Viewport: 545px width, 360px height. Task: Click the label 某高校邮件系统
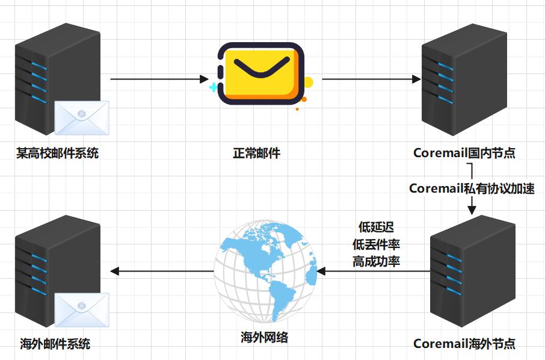pyautogui.click(x=57, y=153)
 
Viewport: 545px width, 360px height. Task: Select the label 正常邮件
pyautogui.click(x=257, y=153)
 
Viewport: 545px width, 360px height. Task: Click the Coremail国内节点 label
pyautogui.click(x=464, y=153)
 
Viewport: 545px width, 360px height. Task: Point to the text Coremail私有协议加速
pyautogui.click(x=472, y=188)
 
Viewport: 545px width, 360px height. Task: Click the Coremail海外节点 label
pyautogui.click(x=464, y=344)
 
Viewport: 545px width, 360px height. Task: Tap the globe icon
pyautogui.click(x=265, y=271)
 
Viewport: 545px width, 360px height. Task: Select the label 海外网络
pyautogui.click(x=264, y=337)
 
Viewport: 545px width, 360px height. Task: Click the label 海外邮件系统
pyautogui.click(x=55, y=344)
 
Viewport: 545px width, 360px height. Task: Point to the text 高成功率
pyautogui.click(x=377, y=262)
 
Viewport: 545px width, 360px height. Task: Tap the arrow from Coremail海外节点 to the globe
pyautogui.click(x=373, y=272)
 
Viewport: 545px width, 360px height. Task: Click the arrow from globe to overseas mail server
pyautogui.click(x=162, y=272)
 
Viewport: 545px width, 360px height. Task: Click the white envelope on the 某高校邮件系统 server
pyautogui.click(x=82, y=117)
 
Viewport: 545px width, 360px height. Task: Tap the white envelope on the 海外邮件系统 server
pyautogui.click(x=82, y=309)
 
